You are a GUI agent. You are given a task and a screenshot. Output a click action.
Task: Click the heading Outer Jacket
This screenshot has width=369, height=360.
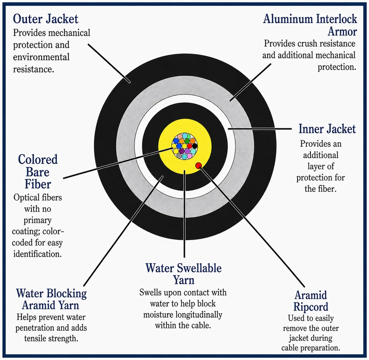tap(45, 19)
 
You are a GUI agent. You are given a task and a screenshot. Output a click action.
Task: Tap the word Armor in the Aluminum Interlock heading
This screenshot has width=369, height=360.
tap(342, 32)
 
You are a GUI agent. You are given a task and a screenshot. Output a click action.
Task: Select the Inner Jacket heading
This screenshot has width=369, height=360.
tap(327, 129)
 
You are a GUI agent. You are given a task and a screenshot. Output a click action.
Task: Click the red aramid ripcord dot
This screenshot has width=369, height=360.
tap(199, 166)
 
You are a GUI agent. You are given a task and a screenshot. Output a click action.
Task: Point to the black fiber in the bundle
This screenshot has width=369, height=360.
tap(195, 146)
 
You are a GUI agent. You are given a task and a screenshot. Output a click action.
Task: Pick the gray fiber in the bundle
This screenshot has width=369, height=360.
tap(179, 156)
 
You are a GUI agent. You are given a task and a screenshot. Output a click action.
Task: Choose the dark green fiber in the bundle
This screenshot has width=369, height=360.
tap(187, 141)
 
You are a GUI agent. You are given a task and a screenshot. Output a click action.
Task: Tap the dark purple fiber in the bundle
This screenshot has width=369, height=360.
tap(182, 151)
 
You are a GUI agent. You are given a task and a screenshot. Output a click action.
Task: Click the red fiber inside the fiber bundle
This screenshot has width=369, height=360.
tap(189, 146)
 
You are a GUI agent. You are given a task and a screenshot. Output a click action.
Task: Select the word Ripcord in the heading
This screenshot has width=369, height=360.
tap(311, 307)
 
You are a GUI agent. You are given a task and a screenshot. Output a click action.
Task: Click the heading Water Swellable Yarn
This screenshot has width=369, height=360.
tap(184, 274)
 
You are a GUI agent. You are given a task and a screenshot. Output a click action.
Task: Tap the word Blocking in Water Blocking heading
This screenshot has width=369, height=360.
tap(66, 294)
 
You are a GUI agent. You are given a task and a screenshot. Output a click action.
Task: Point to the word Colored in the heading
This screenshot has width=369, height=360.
tap(38, 159)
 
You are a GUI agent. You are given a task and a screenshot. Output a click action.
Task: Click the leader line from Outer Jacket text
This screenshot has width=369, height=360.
tap(109, 63)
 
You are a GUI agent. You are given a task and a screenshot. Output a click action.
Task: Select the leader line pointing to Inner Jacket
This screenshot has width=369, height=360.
tap(260, 129)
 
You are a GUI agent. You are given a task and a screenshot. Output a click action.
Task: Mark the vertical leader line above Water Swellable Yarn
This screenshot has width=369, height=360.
tap(184, 214)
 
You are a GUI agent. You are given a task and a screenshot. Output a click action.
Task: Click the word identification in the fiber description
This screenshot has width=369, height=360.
tap(37, 254)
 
